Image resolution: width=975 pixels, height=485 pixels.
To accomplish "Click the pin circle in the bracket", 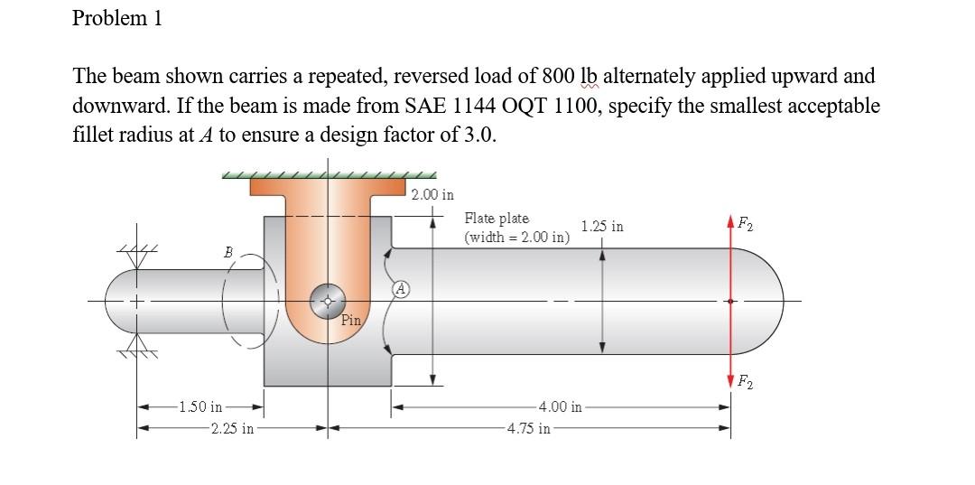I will (x=328, y=303).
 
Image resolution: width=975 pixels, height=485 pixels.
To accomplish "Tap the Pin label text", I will (x=351, y=320).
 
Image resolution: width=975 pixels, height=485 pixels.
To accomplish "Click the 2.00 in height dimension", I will (x=432, y=194).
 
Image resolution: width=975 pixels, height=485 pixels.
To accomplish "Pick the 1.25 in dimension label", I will (x=602, y=226).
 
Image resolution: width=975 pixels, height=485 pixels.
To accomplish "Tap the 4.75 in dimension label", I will (x=529, y=428).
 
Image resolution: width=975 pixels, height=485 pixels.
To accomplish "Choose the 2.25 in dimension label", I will (x=232, y=428).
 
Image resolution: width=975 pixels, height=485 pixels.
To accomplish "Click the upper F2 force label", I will (x=747, y=223).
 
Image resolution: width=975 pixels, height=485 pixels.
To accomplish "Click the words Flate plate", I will (x=497, y=219).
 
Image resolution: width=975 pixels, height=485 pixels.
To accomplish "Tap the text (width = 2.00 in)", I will (x=516, y=238).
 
